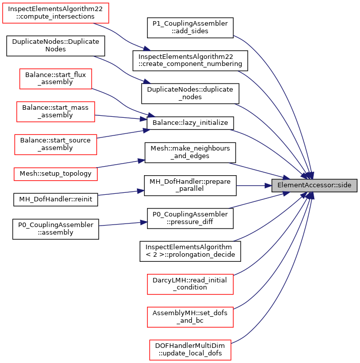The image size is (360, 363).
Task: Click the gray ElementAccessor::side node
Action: (x=314, y=185)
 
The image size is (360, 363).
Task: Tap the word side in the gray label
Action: (x=344, y=185)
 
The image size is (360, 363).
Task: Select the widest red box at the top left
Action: (x=55, y=13)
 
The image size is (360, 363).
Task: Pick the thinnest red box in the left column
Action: (x=55, y=174)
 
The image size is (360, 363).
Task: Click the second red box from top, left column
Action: (x=55, y=79)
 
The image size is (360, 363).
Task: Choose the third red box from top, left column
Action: (x=55, y=112)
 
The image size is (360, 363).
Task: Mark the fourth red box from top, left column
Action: (x=55, y=144)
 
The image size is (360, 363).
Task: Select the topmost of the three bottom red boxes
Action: (x=190, y=284)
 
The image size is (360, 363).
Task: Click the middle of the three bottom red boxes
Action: (x=190, y=317)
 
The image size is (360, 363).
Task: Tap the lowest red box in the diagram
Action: (x=190, y=350)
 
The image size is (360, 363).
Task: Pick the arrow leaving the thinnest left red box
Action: (x=121, y=163)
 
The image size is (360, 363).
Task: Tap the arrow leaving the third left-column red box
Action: (x=121, y=117)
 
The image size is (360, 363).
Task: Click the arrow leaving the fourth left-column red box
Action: (x=123, y=133)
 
